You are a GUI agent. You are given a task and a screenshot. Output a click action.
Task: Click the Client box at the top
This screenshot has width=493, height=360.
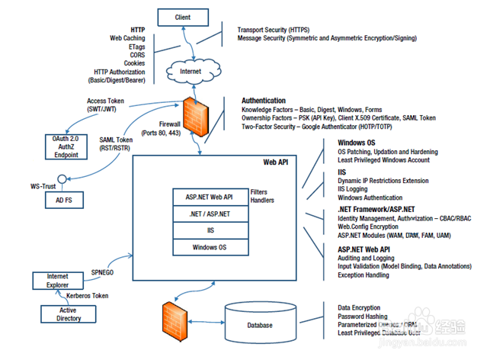pyautogui.click(x=183, y=16)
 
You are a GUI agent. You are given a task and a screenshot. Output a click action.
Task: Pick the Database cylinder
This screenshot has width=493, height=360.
pyautogui.click(x=260, y=324)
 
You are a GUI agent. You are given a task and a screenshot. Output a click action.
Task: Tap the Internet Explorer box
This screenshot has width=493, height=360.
pyautogui.click(x=58, y=280)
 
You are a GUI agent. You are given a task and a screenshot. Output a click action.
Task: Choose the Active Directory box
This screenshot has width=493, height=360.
pyautogui.click(x=69, y=313)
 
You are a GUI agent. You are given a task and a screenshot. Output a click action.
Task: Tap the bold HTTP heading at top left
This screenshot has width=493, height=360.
pyautogui.click(x=137, y=28)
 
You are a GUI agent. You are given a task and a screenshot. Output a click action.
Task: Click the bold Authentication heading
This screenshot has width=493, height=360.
pyautogui.click(x=264, y=101)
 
